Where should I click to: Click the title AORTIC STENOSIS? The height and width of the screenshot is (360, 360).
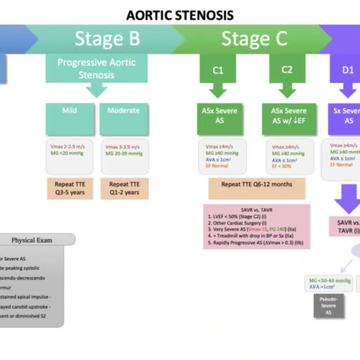tap(180, 15)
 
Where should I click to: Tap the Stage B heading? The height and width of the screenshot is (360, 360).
tap(107, 39)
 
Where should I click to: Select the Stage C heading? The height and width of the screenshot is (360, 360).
tap(254, 39)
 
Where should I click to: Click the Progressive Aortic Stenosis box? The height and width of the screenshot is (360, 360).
tap(97, 69)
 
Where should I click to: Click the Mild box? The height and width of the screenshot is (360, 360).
tap(70, 119)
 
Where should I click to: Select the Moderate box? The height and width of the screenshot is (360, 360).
tap(123, 119)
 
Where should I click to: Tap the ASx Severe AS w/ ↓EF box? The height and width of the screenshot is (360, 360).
tap(289, 119)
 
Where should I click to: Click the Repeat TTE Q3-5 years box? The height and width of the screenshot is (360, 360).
tap(70, 188)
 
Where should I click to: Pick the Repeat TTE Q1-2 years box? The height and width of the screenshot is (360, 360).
tap(124, 188)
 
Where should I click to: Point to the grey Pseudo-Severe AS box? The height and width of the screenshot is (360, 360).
tap(328, 306)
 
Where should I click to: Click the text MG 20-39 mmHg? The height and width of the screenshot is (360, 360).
tap(124, 154)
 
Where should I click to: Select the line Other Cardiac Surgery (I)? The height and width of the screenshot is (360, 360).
tap(236, 223)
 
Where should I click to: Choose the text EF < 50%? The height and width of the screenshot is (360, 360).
tap(282, 166)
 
